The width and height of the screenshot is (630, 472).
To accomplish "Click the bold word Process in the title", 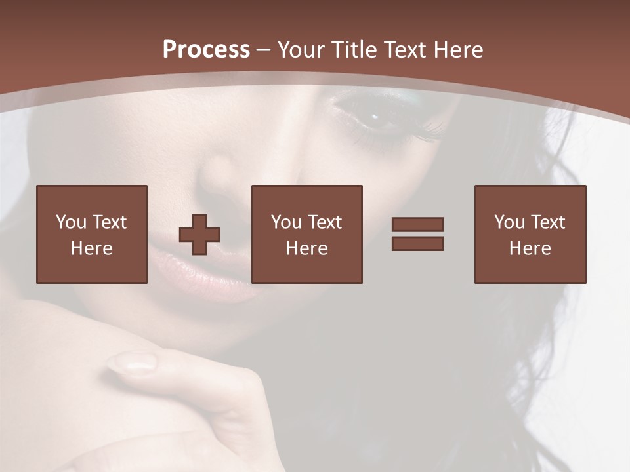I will [x=206, y=50].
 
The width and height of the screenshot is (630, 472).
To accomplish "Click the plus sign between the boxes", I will [x=199, y=235].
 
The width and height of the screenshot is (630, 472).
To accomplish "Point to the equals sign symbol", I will [x=417, y=234].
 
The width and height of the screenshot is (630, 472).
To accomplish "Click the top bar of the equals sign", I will [x=417, y=224].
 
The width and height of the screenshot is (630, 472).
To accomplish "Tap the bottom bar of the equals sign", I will [x=417, y=243].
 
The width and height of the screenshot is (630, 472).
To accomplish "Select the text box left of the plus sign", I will [x=92, y=234].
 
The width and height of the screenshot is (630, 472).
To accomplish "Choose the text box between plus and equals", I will [x=307, y=234].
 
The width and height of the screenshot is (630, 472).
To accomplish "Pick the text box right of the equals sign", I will [x=530, y=234].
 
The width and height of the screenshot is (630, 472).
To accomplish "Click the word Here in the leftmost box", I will [x=92, y=248].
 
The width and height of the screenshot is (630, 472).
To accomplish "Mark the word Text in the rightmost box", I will [x=547, y=222].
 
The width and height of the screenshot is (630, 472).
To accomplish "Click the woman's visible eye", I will [x=377, y=118].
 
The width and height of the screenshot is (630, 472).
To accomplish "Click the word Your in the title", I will [x=301, y=50].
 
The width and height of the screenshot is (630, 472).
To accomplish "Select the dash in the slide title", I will [x=263, y=50].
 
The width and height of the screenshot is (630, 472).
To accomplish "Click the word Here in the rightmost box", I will [x=530, y=248].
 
